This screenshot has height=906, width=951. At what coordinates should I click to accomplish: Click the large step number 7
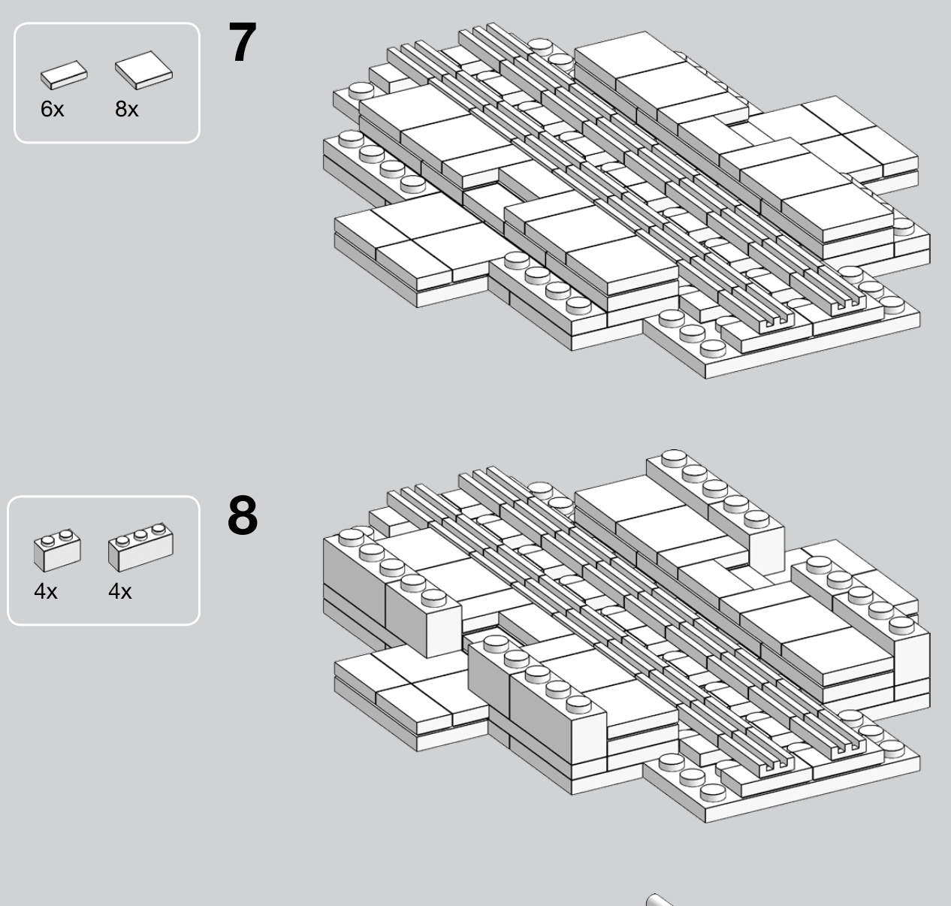click(x=242, y=42)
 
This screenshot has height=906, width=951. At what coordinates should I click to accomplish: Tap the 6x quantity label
click(x=53, y=109)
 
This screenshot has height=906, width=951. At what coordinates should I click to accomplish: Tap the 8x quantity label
click(x=127, y=109)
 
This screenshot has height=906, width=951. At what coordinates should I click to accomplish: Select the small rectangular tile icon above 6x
click(x=64, y=75)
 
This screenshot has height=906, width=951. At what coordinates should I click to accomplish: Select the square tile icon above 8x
click(x=143, y=70)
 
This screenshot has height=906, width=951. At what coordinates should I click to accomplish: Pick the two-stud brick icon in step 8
click(x=57, y=550)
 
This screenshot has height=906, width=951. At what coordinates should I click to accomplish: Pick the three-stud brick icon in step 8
click(x=140, y=547)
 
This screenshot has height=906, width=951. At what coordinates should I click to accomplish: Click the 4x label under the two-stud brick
click(x=46, y=591)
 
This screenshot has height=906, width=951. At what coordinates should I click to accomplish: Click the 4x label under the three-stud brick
click(x=120, y=591)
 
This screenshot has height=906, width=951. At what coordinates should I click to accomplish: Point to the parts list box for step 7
click(x=107, y=83)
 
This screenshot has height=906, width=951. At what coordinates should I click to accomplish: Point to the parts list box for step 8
click(x=104, y=560)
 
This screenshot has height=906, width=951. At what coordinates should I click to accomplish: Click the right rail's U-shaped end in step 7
click(x=848, y=306)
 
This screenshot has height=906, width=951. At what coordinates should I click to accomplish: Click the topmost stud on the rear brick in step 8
click(x=674, y=458)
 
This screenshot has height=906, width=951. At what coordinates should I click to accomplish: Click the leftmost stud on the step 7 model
click(x=352, y=140)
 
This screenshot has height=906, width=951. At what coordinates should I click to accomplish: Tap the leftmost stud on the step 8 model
click(x=352, y=537)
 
